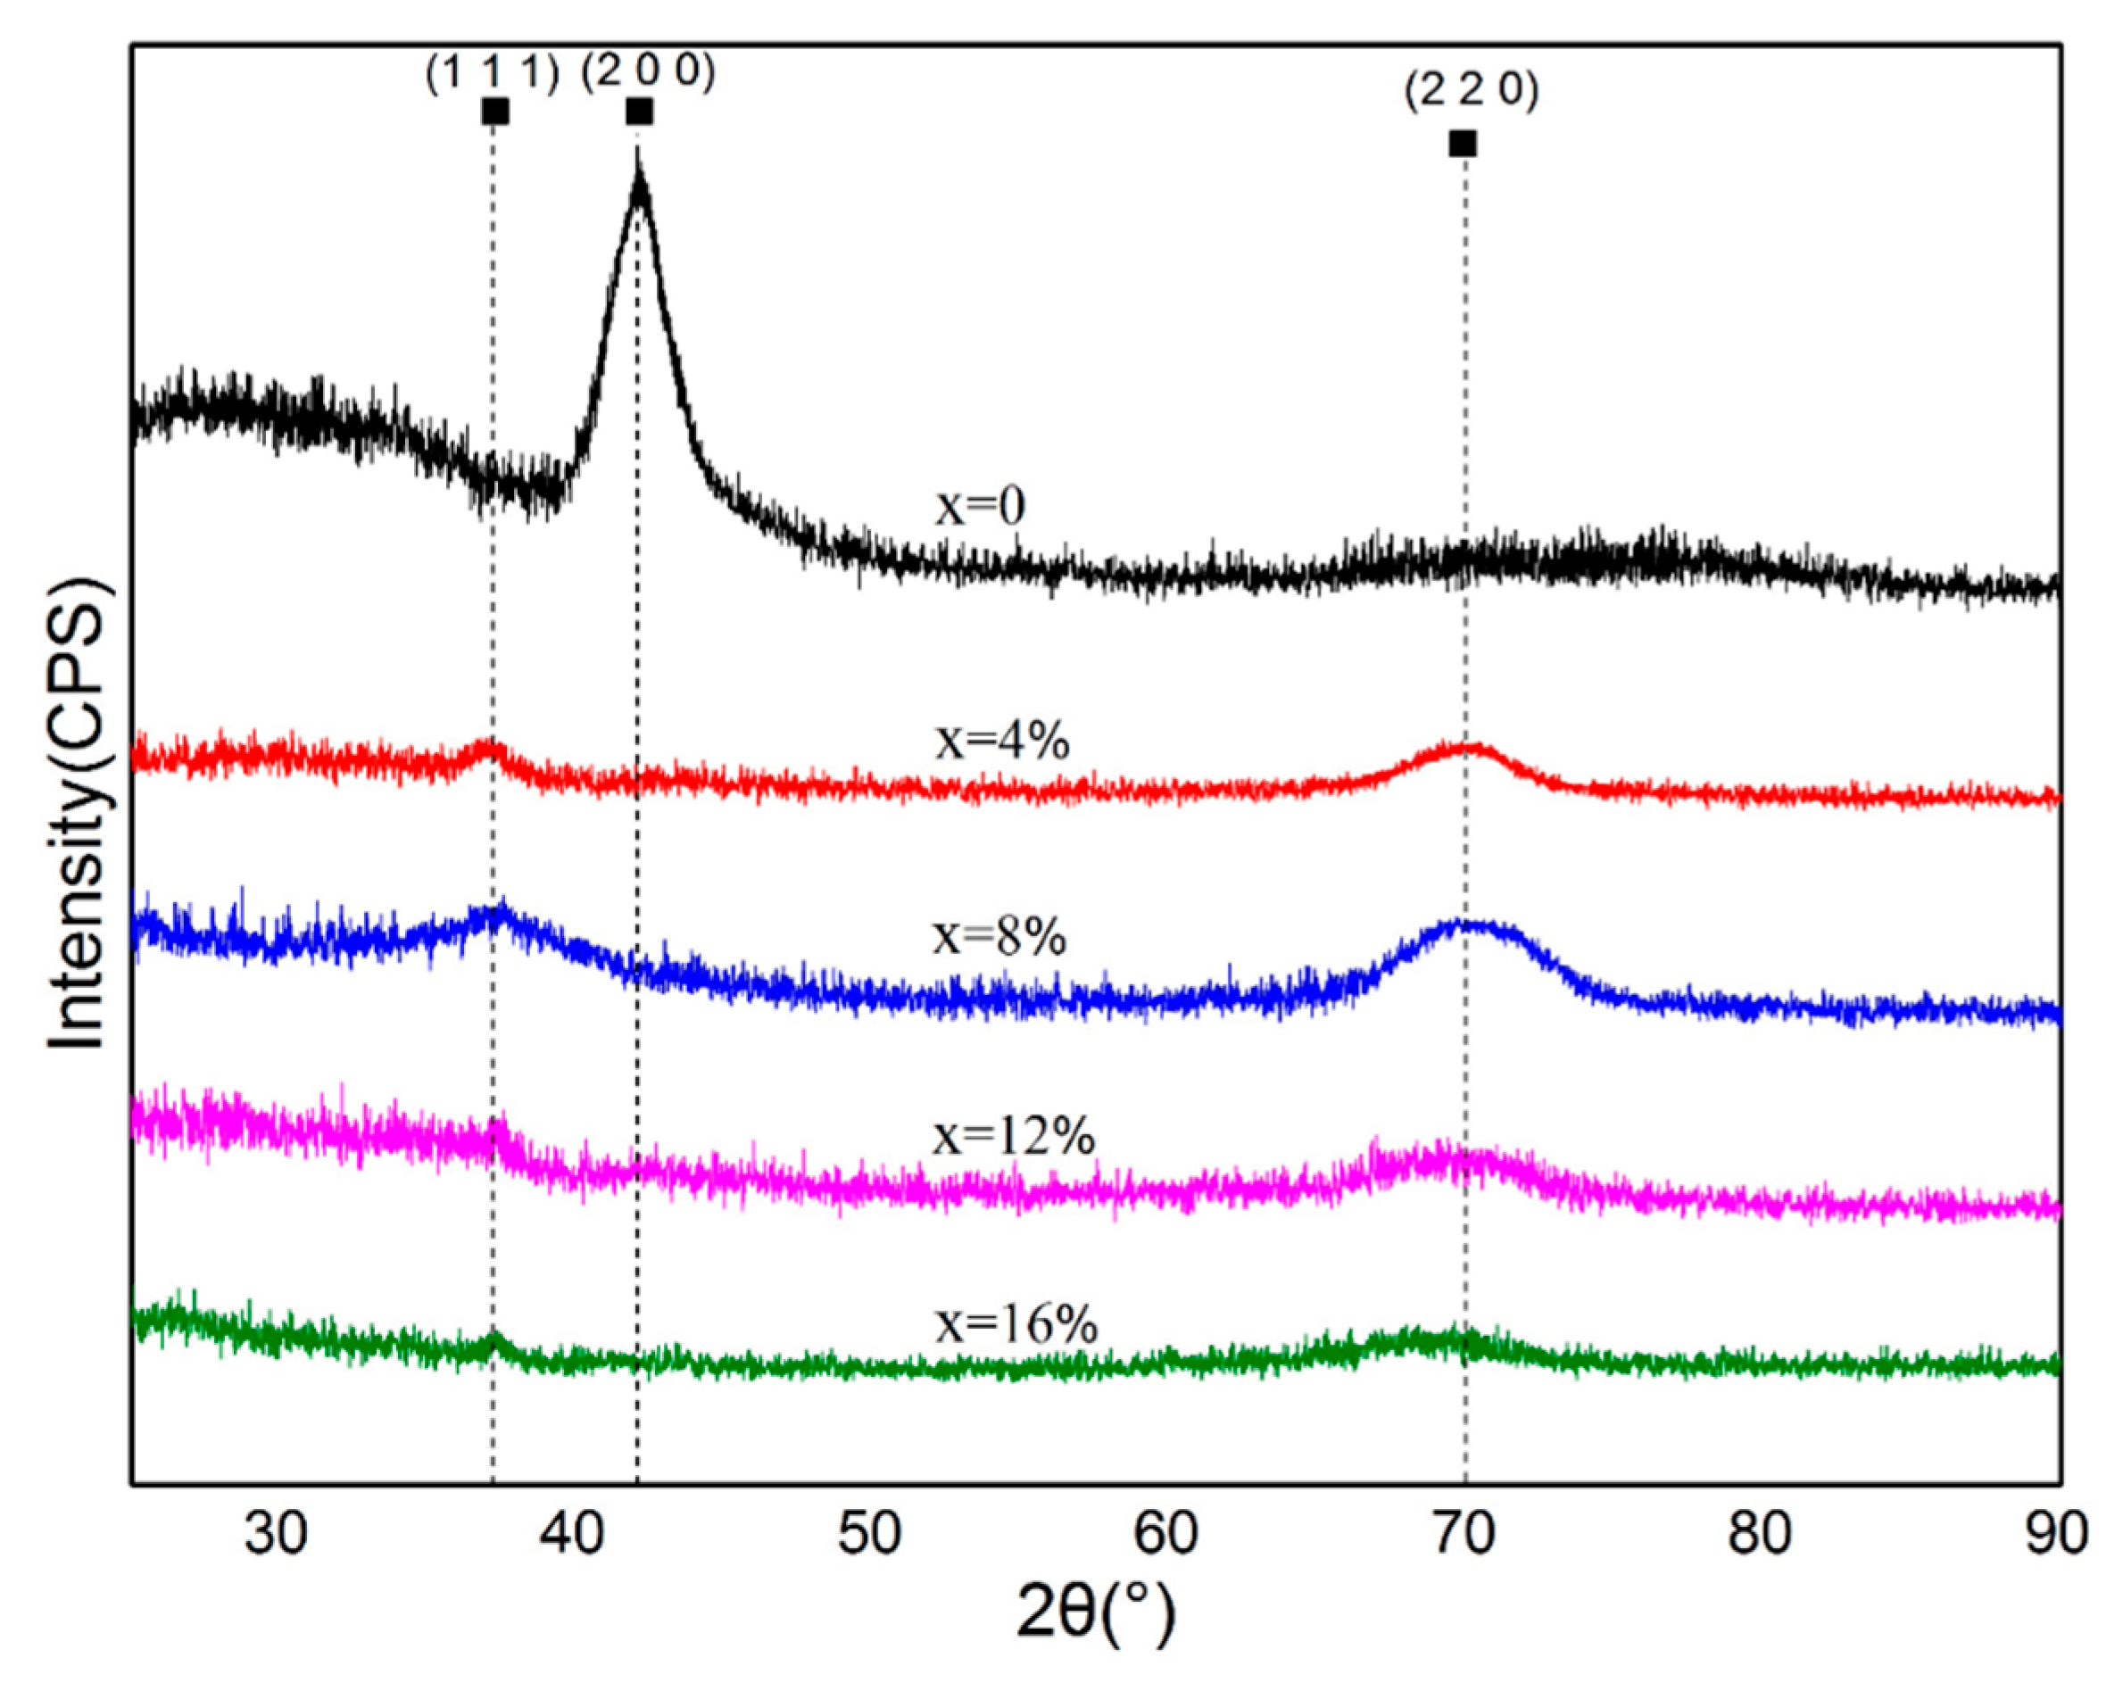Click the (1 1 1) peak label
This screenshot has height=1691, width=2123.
pyautogui.click(x=493, y=75)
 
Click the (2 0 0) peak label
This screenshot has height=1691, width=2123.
pyautogui.click(x=647, y=72)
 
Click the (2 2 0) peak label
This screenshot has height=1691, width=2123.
pyautogui.click(x=1472, y=92)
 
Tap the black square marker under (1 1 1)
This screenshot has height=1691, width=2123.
pyautogui.click(x=495, y=112)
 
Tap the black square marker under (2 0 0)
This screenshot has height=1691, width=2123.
pyautogui.click(x=639, y=112)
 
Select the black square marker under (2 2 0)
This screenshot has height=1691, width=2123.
pyautogui.click(x=1464, y=144)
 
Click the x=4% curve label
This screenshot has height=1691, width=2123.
pyautogui.click(x=1002, y=742)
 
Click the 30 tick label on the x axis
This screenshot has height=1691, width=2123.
pyautogui.click(x=276, y=1533)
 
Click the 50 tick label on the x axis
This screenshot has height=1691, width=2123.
pyautogui.click(x=869, y=1533)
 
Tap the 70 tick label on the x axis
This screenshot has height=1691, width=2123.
pyautogui.click(x=1464, y=1533)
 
